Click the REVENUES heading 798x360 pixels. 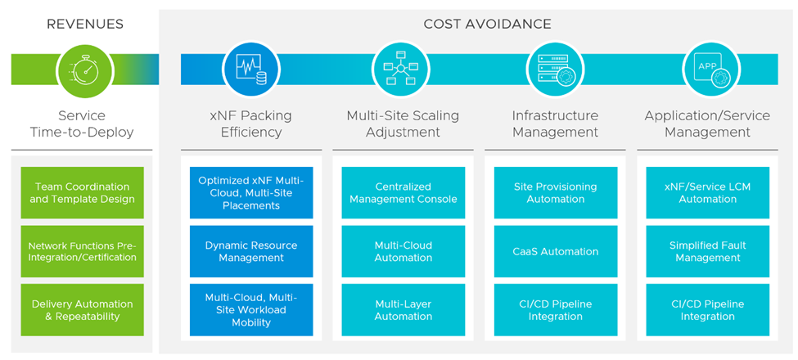(85, 24)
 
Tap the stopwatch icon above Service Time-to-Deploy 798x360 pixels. (85, 70)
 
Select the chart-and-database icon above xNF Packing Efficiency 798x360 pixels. (250, 70)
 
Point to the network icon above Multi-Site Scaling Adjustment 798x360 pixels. (403, 70)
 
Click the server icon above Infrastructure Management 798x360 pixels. (555, 70)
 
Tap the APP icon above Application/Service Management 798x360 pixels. (707, 70)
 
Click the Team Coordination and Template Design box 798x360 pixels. (82, 192)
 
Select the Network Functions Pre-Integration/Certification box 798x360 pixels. (82, 251)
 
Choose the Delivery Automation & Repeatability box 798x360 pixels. (82, 310)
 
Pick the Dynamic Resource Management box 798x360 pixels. (251, 251)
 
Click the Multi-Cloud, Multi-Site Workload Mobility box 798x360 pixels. (251, 310)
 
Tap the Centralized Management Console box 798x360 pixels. (404, 192)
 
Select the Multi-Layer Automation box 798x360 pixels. (404, 310)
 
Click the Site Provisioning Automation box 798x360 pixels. (556, 192)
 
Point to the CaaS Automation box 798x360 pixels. (556, 251)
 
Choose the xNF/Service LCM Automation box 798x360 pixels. (708, 192)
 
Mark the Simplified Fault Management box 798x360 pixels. (708, 251)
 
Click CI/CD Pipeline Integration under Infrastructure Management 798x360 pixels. (556, 310)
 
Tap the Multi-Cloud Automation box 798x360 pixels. (404, 251)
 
